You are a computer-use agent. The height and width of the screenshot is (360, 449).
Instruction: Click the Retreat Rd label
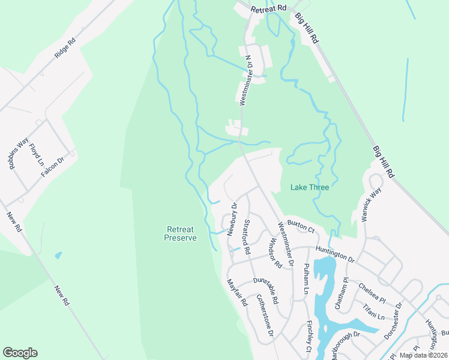pos(269,9)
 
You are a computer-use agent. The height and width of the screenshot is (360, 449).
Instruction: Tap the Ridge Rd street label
pos(65,48)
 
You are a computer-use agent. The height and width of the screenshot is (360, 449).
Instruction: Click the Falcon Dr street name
pos(53,167)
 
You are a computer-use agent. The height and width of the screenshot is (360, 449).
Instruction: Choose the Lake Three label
pos(310,187)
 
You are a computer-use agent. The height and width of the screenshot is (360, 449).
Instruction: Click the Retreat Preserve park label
pos(181,233)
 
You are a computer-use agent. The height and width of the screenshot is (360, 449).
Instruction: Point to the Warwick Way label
pos(372,205)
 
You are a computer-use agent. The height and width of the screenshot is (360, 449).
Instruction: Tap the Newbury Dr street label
pos(231,219)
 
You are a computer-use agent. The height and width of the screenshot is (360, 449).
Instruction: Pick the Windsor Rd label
pos(275,253)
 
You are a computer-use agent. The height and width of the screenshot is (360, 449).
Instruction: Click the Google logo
pos(20,353)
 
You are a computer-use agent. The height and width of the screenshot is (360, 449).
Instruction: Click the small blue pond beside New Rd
pos(58,255)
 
